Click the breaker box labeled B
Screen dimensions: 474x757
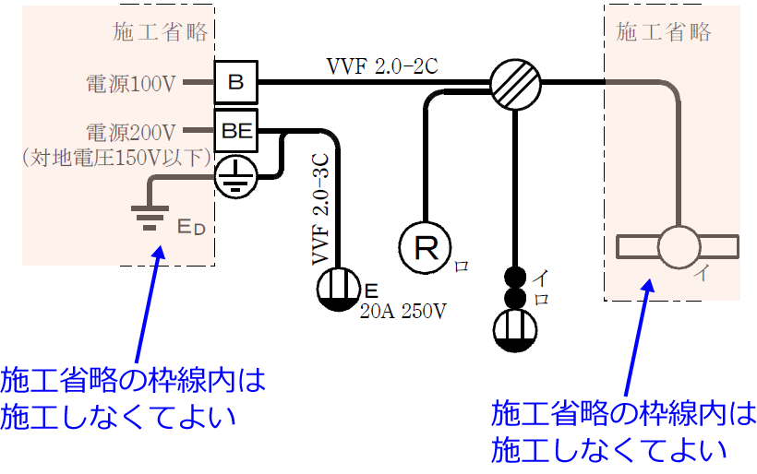tap(236, 83)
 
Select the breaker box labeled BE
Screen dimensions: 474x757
tap(236, 131)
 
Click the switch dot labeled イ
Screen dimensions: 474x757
tap(514, 277)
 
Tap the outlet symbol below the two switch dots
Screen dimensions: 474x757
tap(514, 330)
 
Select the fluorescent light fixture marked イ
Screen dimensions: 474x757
tap(679, 247)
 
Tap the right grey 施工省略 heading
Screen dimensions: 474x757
tap(664, 32)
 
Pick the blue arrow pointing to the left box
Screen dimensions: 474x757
tap(148, 304)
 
